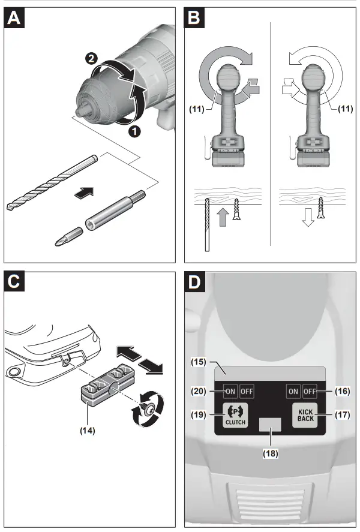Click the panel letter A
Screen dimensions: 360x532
click(x=14, y=17)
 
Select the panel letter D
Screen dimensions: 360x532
click(x=194, y=282)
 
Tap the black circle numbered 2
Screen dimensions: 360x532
click(x=91, y=59)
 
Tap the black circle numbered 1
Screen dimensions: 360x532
click(x=135, y=131)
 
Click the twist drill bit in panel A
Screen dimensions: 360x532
click(x=52, y=182)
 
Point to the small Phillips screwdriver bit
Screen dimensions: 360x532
click(x=69, y=237)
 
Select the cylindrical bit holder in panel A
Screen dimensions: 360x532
click(x=115, y=211)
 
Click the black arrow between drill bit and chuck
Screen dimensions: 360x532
click(x=84, y=192)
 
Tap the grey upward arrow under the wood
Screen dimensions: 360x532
click(x=223, y=217)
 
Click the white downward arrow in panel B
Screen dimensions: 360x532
click(x=308, y=217)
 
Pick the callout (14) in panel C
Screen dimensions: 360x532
click(x=87, y=431)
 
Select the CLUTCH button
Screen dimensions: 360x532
click(x=235, y=415)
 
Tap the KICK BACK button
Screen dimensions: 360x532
click(x=305, y=415)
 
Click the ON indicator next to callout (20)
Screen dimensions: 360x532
click(x=230, y=391)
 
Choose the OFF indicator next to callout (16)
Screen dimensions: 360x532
click(x=310, y=391)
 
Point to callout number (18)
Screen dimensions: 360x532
click(x=271, y=453)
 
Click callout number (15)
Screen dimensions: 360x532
click(x=199, y=362)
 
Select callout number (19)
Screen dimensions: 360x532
click(x=199, y=414)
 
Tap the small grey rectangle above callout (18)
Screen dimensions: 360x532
click(x=270, y=425)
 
